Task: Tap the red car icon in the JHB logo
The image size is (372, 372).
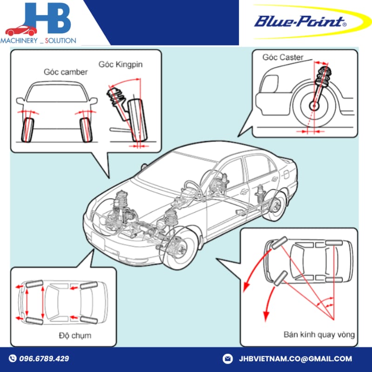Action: pos(21,31)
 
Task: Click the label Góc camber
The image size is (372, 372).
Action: pos(66,72)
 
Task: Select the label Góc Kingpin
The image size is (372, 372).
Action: pos(120,65)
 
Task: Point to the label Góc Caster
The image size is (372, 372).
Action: pos(283,57)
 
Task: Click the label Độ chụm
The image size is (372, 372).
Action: pos(75,335)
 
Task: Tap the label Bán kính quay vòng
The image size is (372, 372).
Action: pos(319,334)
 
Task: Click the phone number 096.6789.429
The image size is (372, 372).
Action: pos(44,359)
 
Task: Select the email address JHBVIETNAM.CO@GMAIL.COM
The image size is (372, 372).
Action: pos(295,359)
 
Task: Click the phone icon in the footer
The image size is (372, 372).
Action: pos(13,358)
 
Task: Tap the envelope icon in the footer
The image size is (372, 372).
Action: pos(227,359)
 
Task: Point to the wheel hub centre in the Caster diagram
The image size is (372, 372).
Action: pos(314,106)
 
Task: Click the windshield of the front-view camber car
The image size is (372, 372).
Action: pos(56,93)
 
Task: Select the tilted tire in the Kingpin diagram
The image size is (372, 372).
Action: pos(138,120)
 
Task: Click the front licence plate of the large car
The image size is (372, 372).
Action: pos(98,240)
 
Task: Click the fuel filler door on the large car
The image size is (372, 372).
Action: pos(286,175)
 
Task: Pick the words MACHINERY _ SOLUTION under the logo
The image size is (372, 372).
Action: pos(38,40)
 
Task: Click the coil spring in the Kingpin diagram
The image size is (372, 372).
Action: pos(115,97)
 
